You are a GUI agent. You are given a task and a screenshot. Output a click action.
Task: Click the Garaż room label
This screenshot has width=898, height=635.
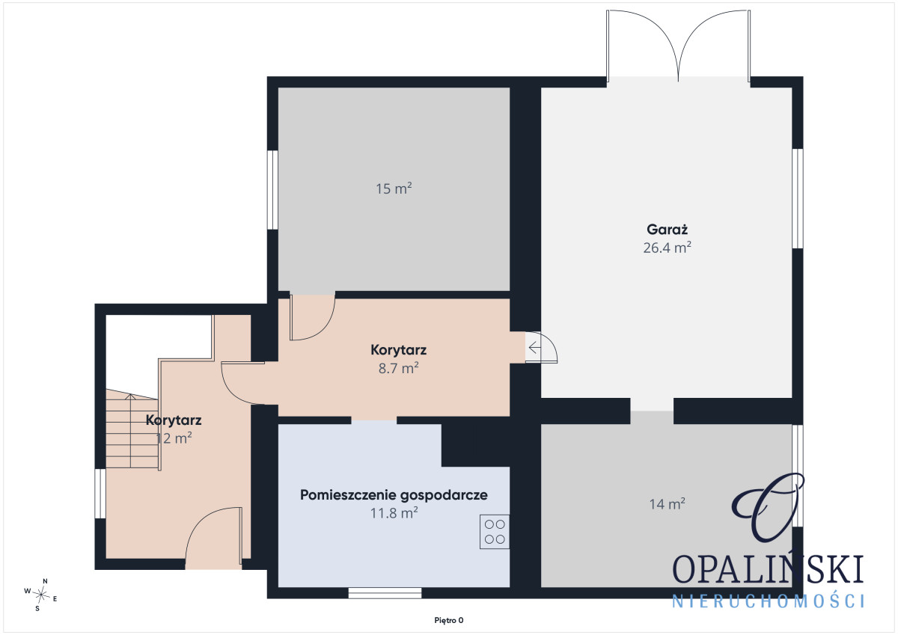click(x=667, y=230)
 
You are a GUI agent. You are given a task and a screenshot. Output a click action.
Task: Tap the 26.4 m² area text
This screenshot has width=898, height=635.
click(x=667, y=248)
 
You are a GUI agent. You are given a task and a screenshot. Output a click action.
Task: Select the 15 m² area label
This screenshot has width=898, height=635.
click(x=394, y=188)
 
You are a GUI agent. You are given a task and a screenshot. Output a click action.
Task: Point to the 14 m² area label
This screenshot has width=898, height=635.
click(x=667, y=503)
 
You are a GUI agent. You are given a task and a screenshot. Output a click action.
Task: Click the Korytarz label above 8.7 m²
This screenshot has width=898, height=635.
click(x=398, y=350)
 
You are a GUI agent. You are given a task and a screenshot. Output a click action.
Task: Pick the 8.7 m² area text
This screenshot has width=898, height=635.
click(x=398, y=368)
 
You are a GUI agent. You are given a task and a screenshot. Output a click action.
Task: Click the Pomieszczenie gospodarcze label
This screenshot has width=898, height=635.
click(x=394, y=495)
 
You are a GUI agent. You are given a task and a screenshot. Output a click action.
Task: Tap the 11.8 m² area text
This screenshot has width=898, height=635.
click(x=394, y=513)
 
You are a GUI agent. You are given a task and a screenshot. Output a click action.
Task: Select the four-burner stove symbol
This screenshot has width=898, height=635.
click(x=495, y=532)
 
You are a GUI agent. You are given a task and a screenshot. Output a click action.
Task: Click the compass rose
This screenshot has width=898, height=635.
click(x=41, y=595)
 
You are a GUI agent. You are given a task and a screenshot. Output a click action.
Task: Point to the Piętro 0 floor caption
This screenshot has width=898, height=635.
click(x=448, y=621)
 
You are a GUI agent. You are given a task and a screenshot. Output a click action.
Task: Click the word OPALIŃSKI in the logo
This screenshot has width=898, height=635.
click(x=767, y=569)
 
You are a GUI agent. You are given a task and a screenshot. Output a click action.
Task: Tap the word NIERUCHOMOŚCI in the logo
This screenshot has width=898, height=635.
click(x=768, y=601)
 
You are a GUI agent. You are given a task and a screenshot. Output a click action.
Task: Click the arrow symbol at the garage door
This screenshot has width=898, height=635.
click(x=534, y=347)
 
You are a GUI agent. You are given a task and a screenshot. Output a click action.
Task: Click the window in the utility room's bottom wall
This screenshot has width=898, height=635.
click(x=385, y=593)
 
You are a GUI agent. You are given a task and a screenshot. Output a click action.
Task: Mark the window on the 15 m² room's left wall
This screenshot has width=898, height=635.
click(x=272, y=190)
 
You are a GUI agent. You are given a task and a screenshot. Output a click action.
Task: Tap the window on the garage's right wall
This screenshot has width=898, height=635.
click(x=798, y=198)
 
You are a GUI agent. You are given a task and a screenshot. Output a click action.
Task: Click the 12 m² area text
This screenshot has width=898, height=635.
click(x=173, y=438)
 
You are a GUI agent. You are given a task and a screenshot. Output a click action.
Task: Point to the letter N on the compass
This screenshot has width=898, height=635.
click(x=46, y=581)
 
